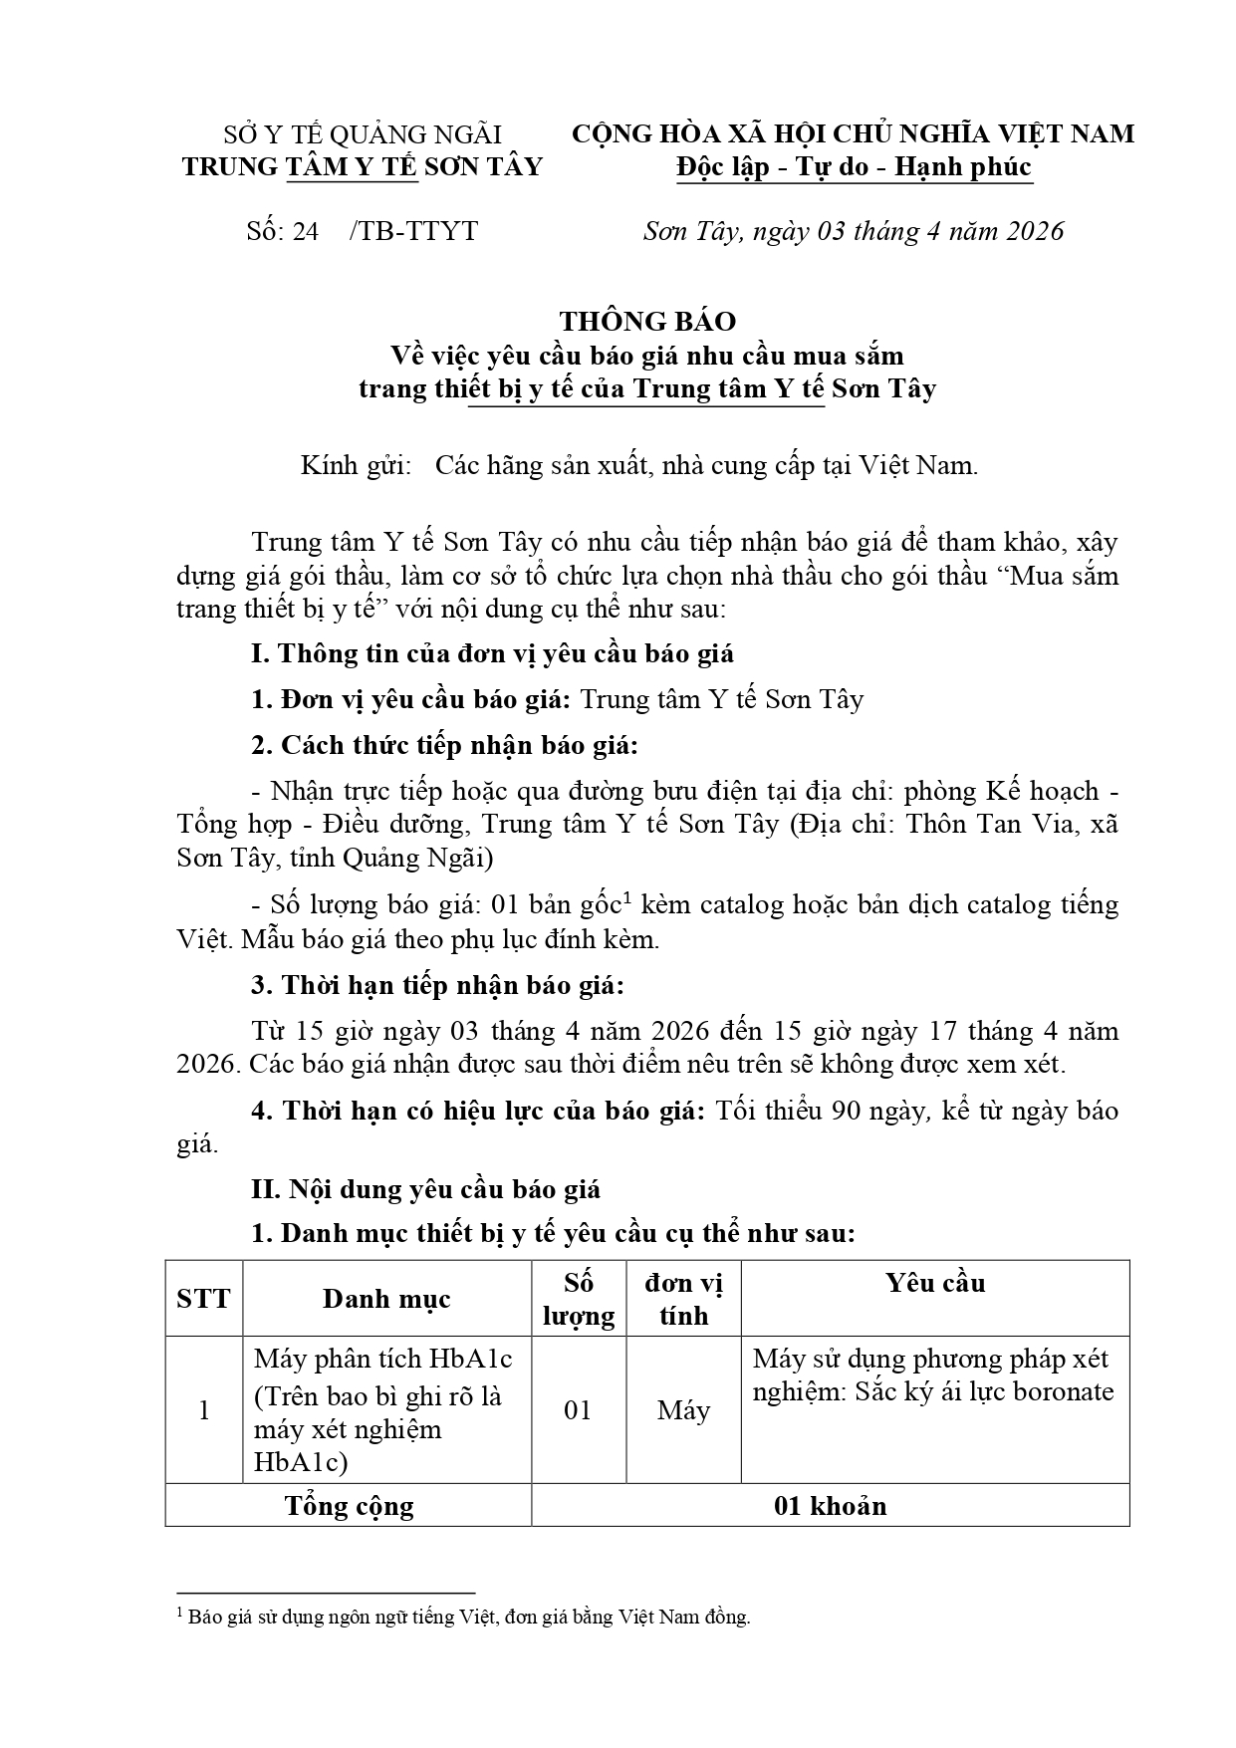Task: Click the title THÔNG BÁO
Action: pos(647,321)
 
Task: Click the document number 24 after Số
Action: pos(306,231)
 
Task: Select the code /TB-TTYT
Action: pos(414,231)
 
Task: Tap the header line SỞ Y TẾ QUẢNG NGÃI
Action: pos(362,134)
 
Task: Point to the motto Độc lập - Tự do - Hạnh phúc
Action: pos(854,166)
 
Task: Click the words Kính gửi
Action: pos(356,465)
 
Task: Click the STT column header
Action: pos(203,1298)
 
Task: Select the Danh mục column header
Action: pos(386,1298)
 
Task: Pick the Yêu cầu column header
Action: pos(934,1282)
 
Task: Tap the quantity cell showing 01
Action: pos(578,1410)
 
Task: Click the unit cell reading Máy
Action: pos(683,1410)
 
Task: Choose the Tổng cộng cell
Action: pos(349,1505)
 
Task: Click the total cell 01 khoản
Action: pos(830,1505)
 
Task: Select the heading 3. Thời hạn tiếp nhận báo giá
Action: pos(437,986)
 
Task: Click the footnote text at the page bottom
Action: pos(468,1617)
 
